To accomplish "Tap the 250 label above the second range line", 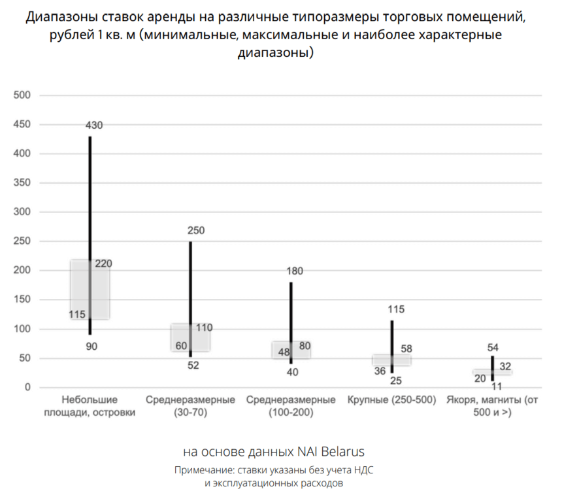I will (x=195, y=230).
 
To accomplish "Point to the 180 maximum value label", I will (x=295, y=271).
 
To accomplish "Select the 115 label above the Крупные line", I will (x=396, y=309).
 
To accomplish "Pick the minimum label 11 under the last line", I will (x=496, y=386).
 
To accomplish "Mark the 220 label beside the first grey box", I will (x=104, y=264).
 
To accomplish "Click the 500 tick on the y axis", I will (x=22, y=95).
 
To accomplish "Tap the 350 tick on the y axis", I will (x=22, y=183).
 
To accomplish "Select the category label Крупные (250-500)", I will (x=391, y=400).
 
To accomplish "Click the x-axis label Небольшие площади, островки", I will (x=90, y=406).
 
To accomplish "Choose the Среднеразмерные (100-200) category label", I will (x=291, y=406).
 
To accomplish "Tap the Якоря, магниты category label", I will (x=492, y=406).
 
